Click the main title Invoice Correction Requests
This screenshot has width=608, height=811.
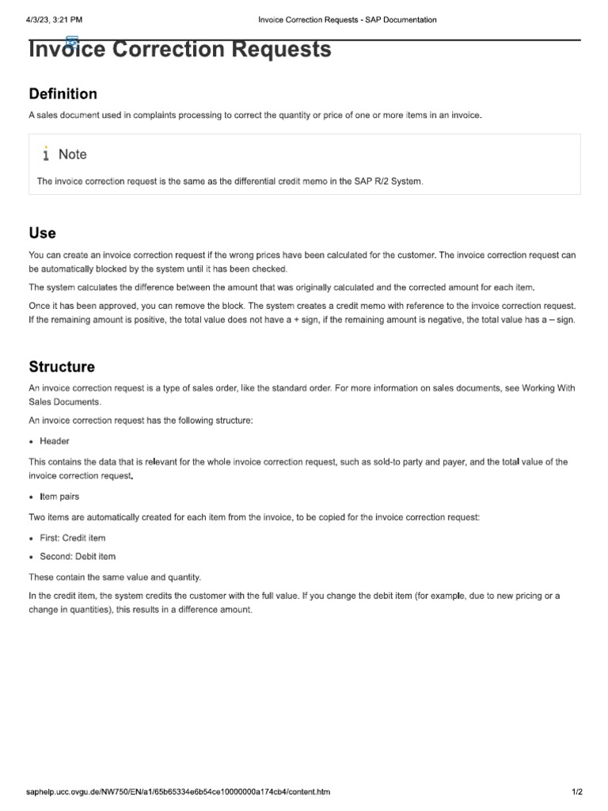tap(180, 50)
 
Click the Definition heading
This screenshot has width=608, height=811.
tap(63, 94)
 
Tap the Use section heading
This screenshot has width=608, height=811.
tap(43, 233)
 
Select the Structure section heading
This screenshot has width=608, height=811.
tap(62, 367)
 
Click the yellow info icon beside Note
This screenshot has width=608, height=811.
tap(47, 154)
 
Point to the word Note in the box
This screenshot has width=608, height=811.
tap(73, 154)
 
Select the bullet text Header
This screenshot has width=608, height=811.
tap(55, 441)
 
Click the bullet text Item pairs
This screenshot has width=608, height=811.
tap(59, 497)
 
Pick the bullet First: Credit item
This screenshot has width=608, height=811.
tap(73, 538)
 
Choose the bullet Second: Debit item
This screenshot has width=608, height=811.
tap(78, 557)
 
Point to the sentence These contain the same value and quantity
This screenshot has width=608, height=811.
tap(115, 577)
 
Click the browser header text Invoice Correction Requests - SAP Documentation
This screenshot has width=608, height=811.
tap(348, 20)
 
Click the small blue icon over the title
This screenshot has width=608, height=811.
tap(72, 41)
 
